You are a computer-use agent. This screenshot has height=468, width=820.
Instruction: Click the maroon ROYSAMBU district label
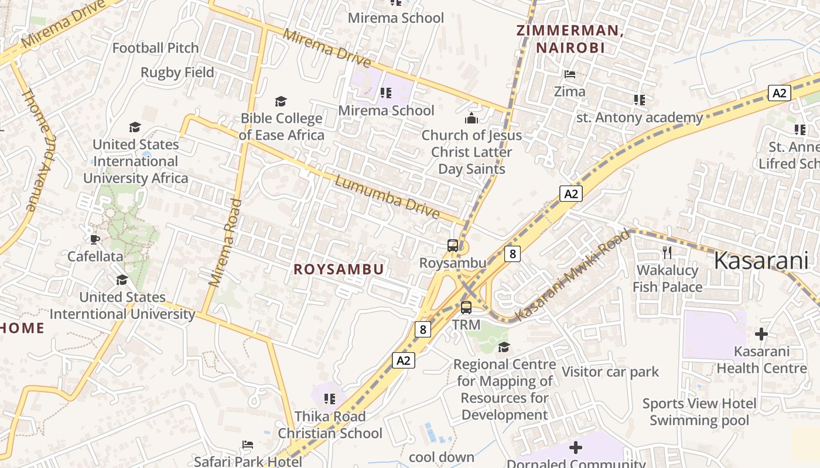[x=339, y=269]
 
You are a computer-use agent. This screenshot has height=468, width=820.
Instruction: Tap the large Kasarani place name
[x=761, y=261]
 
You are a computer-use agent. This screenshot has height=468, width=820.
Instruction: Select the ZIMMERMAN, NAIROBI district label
[x=570, y=39]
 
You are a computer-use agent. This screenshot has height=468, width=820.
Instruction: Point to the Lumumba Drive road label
[x=387, y=198]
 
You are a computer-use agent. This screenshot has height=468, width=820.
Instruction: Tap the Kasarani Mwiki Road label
[x=572, y=276]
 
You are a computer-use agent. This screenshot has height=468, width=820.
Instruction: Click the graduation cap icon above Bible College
[x=281, y=101]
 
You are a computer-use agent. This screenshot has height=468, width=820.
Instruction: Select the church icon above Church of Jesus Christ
[x=471, y=118]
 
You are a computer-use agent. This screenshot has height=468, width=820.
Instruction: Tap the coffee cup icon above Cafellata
[x=95, y=239]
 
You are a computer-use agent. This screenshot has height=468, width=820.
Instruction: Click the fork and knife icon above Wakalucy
[x=667, y=252]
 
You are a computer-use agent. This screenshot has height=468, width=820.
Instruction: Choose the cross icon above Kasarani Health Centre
[x=761, y=334]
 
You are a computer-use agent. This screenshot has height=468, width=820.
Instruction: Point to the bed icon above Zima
[x=569, y=74]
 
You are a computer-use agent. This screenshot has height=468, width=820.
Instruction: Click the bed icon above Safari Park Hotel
[x=248, y=445]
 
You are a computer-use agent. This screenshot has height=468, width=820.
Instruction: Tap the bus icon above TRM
[x=466, y=307]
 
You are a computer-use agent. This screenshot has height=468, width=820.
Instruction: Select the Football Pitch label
[x=155, y=48]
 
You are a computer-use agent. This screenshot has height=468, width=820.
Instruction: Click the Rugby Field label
[x=177, y=73]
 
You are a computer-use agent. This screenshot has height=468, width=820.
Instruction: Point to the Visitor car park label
[x=610, y=372]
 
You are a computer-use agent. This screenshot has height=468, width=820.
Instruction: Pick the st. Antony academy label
[x=640, y=118]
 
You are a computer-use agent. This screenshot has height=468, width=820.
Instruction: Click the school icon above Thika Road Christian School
[x=330, y=399]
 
